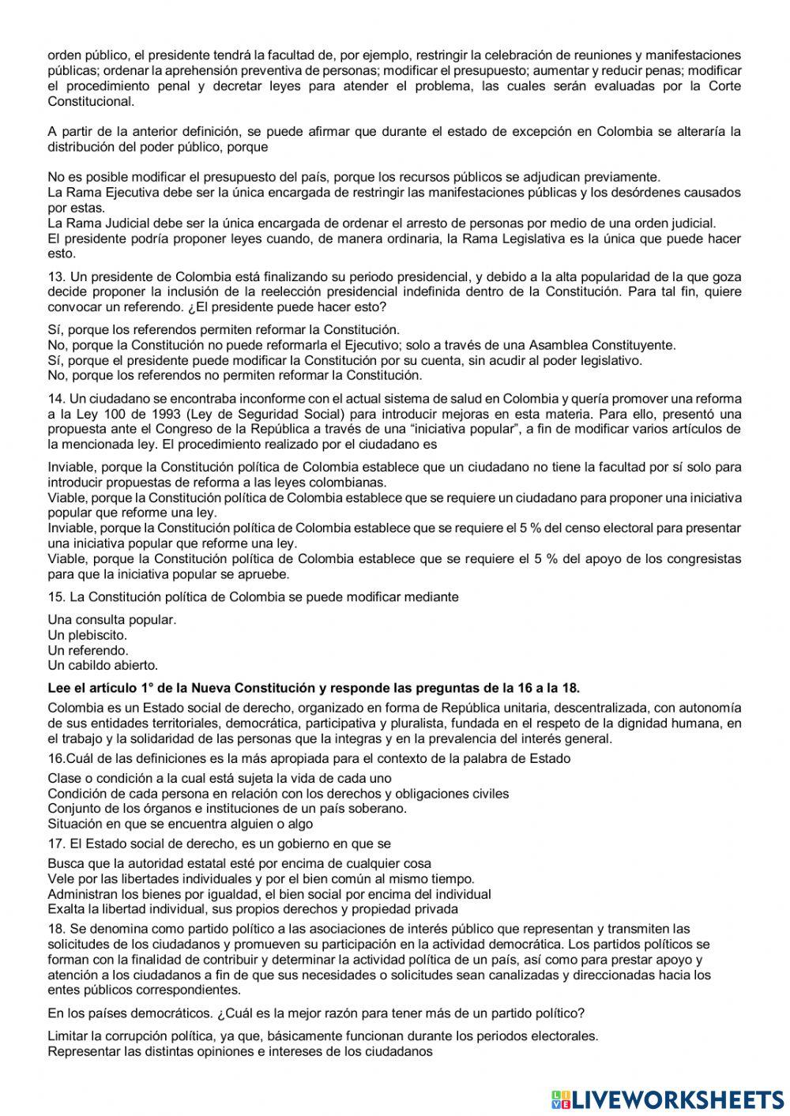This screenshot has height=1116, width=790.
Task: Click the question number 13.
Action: point(55,276)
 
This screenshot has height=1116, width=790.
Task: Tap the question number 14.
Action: point(55,398)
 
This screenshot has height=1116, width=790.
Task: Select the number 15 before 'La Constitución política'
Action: point(55,597)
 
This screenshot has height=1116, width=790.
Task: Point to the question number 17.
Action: point(55,844)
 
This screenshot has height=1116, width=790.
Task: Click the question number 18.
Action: point(55,929)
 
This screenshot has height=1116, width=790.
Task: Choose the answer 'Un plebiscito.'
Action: point(87,635)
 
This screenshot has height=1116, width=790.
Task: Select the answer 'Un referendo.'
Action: point(88,650)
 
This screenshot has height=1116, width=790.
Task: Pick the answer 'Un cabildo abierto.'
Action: point(103,665)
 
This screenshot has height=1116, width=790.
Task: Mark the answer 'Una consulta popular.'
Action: point(112,620)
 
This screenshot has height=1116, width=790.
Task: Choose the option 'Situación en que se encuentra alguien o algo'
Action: point(180,824)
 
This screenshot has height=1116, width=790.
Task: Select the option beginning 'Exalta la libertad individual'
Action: point(253,909)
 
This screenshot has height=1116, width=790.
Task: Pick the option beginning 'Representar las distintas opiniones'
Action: point(240,1051)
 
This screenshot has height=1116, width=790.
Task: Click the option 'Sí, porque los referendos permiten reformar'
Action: point(224,329)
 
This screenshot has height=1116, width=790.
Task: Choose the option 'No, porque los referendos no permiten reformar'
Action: point(235,375)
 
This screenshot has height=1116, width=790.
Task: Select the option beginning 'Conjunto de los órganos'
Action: point(228,809)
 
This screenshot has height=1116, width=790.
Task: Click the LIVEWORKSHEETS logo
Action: point(668,1099)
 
